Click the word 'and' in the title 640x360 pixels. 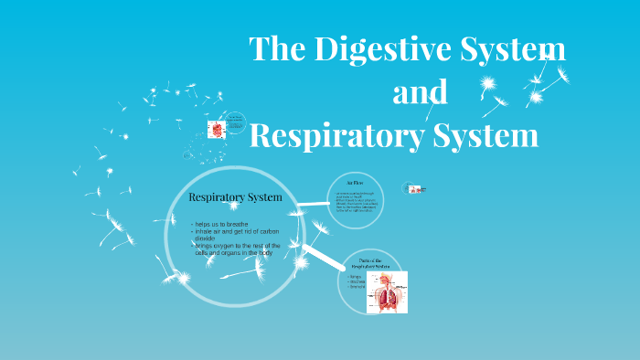(420, 92)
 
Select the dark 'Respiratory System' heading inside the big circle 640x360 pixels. (234, 197)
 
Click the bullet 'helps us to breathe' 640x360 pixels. (224, 224)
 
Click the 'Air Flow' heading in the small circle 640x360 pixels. (355, 184)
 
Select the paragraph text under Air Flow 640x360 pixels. (356, 203)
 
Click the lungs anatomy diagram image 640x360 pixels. (387, 292)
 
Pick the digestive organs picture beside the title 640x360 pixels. (216, 130)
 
